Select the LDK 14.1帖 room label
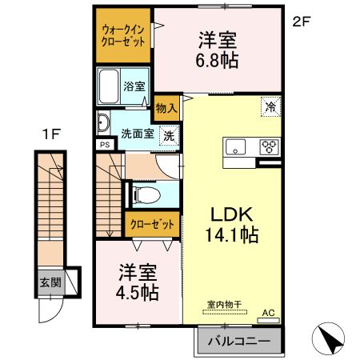(x=232, y=225)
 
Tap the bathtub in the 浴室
(x=110, y=86)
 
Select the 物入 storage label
(x=166, y=106)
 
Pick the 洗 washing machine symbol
(x=168, y=135)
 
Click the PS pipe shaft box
(x=104, y=145)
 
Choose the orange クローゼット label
(x=150, y=225)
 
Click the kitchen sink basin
(x=238, y=146)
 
